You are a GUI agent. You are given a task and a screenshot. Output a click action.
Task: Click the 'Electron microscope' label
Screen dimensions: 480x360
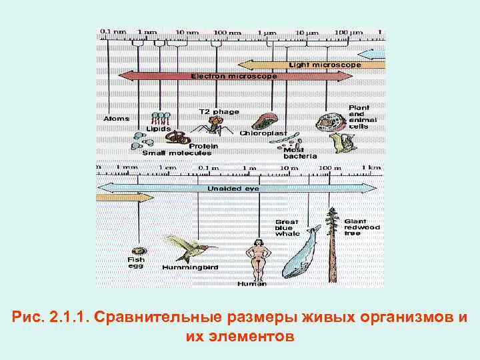pyautogui.click(x=233, y=77)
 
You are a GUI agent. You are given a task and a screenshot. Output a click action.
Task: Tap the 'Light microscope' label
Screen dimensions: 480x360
pyautogui.click(x=325, y=65)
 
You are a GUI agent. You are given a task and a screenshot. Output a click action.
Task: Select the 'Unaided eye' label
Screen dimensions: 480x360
pyautogui.click(x=233, y=189)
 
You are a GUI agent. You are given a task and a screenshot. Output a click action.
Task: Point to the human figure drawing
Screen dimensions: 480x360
pyautogui.click(x=257, y=259)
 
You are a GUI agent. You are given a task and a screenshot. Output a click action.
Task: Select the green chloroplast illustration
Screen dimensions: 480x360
pyautogui.click(x=265, y=122)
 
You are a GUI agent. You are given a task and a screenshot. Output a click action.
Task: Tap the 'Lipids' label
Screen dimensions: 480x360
pyautogui.click(x=159, y=129)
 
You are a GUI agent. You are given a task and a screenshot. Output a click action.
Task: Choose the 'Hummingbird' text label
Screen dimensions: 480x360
pyautogui.click(x=190, y=267)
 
